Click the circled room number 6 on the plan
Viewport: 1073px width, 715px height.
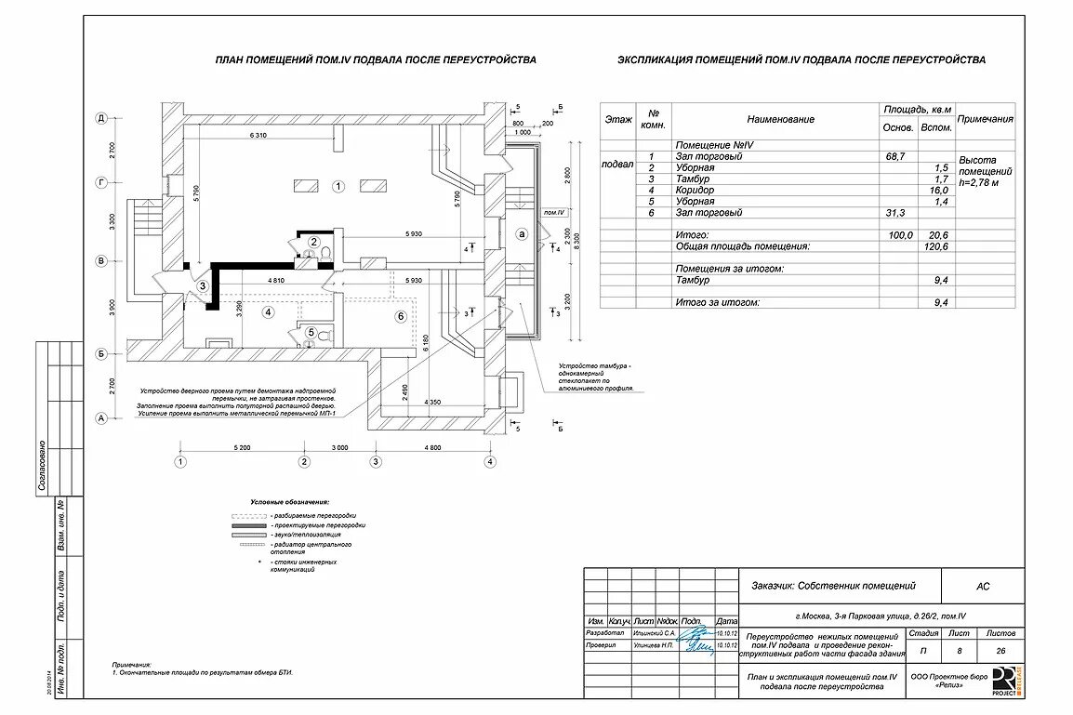[x=401, y=316]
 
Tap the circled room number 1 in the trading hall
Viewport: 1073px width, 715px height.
[x=338, y=186]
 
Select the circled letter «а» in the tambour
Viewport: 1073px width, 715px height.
[x=522, y=233]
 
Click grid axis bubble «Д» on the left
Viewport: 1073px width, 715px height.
[x=101, y=118]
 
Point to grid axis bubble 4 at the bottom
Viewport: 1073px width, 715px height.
[x=490, y=461]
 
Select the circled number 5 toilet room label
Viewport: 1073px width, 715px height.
[x=311, y=332]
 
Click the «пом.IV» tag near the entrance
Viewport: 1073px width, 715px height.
[x=556, y=212]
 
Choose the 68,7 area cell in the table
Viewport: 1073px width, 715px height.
[x=895, y=156]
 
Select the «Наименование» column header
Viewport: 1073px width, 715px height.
[x=779, y=119]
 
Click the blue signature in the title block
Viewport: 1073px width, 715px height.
[x=695, y=638]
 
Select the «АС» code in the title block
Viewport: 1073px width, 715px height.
[x=983, y=587]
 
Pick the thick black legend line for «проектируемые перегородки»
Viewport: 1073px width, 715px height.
[x=249, y=525]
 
